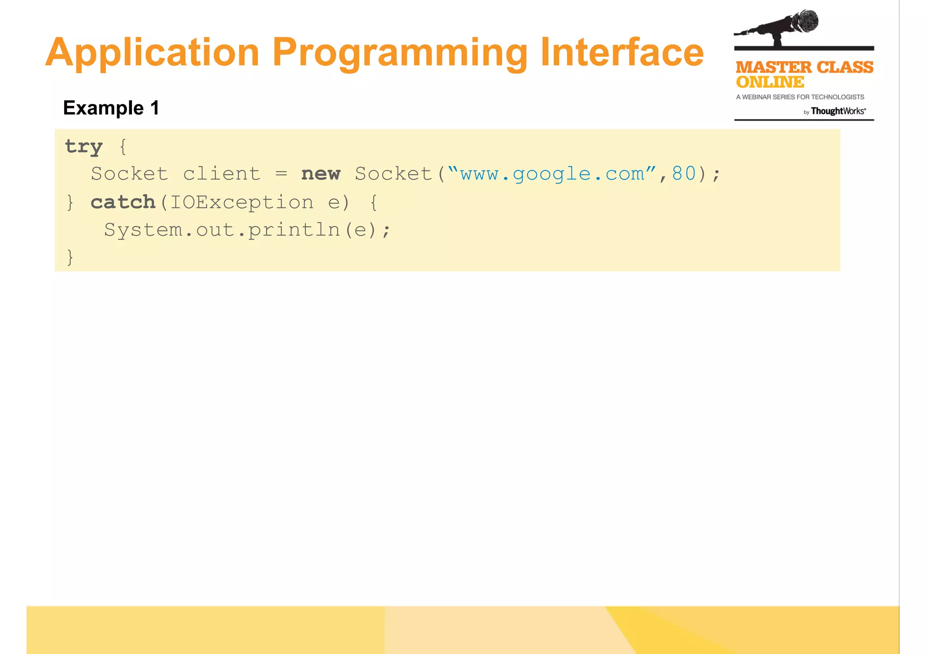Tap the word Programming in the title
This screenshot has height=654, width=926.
pos(400,53)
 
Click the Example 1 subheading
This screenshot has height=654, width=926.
pos(111,108)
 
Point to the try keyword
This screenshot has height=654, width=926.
pos(84,147)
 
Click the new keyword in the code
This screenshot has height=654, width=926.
pos(321,174)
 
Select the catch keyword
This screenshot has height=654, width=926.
pos(123,202)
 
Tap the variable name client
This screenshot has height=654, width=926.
pos(222,174)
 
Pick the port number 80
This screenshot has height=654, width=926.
pos(684,174)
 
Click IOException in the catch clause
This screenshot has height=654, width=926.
pos(241,202)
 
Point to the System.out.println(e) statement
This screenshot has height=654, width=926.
pos(247,230)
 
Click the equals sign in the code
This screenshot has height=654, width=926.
pos(281,174)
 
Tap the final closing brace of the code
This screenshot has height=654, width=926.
pos(70,257)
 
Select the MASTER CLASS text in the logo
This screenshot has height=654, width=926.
pos(804,67)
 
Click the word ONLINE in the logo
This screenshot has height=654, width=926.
pos(770,82)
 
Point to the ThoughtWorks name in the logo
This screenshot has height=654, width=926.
pos(838,111)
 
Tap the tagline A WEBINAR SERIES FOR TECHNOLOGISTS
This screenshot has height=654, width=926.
pos(800,97)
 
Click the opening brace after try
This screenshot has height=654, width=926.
pos(123,147)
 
